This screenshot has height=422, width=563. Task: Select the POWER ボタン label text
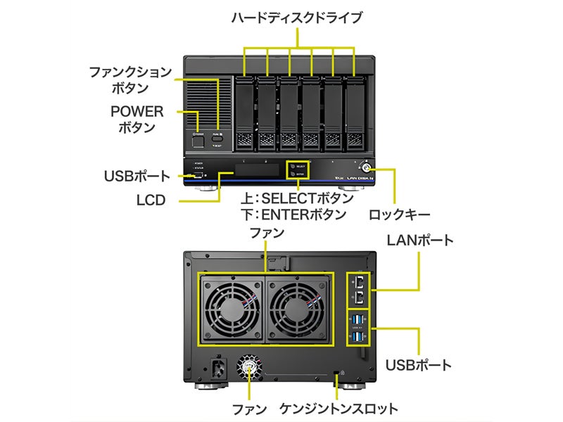137,120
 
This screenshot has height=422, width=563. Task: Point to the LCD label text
151,200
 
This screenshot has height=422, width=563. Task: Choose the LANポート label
420,241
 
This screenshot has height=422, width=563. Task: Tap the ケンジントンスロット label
339,409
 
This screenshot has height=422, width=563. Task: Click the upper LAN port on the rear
360,281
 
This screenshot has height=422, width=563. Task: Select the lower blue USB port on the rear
360,338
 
